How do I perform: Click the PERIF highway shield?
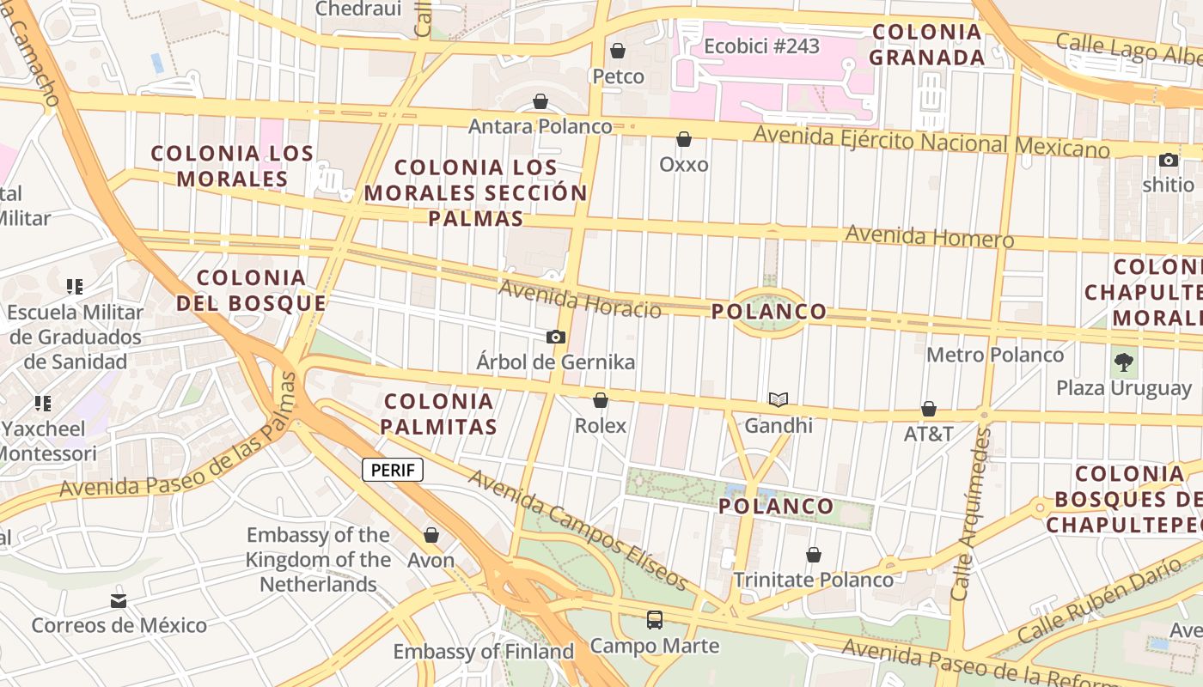pos(393,470)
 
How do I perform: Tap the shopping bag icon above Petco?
pos(617,52)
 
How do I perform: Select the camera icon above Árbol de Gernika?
pos(556,337)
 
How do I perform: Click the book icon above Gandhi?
pos(779,399)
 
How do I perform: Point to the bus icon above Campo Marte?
pos(655,619)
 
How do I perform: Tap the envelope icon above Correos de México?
pos(119,600)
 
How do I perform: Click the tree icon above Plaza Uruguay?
pos(1124,362)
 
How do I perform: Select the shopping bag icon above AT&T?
pos(928,409)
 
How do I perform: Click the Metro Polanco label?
pos(995,355)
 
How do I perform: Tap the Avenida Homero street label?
pos(930,236)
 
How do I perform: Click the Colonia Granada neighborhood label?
pos(926,45)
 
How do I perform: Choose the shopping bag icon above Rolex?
pos(601,400)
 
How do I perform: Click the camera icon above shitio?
pos(1168,160)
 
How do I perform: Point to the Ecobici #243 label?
pos(761,46)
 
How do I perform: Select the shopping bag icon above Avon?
pos(431,535)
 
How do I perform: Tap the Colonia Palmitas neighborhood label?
pos(439,414)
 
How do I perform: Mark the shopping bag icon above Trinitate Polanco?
pos(813,555)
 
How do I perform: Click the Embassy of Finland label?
pos(484,652)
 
